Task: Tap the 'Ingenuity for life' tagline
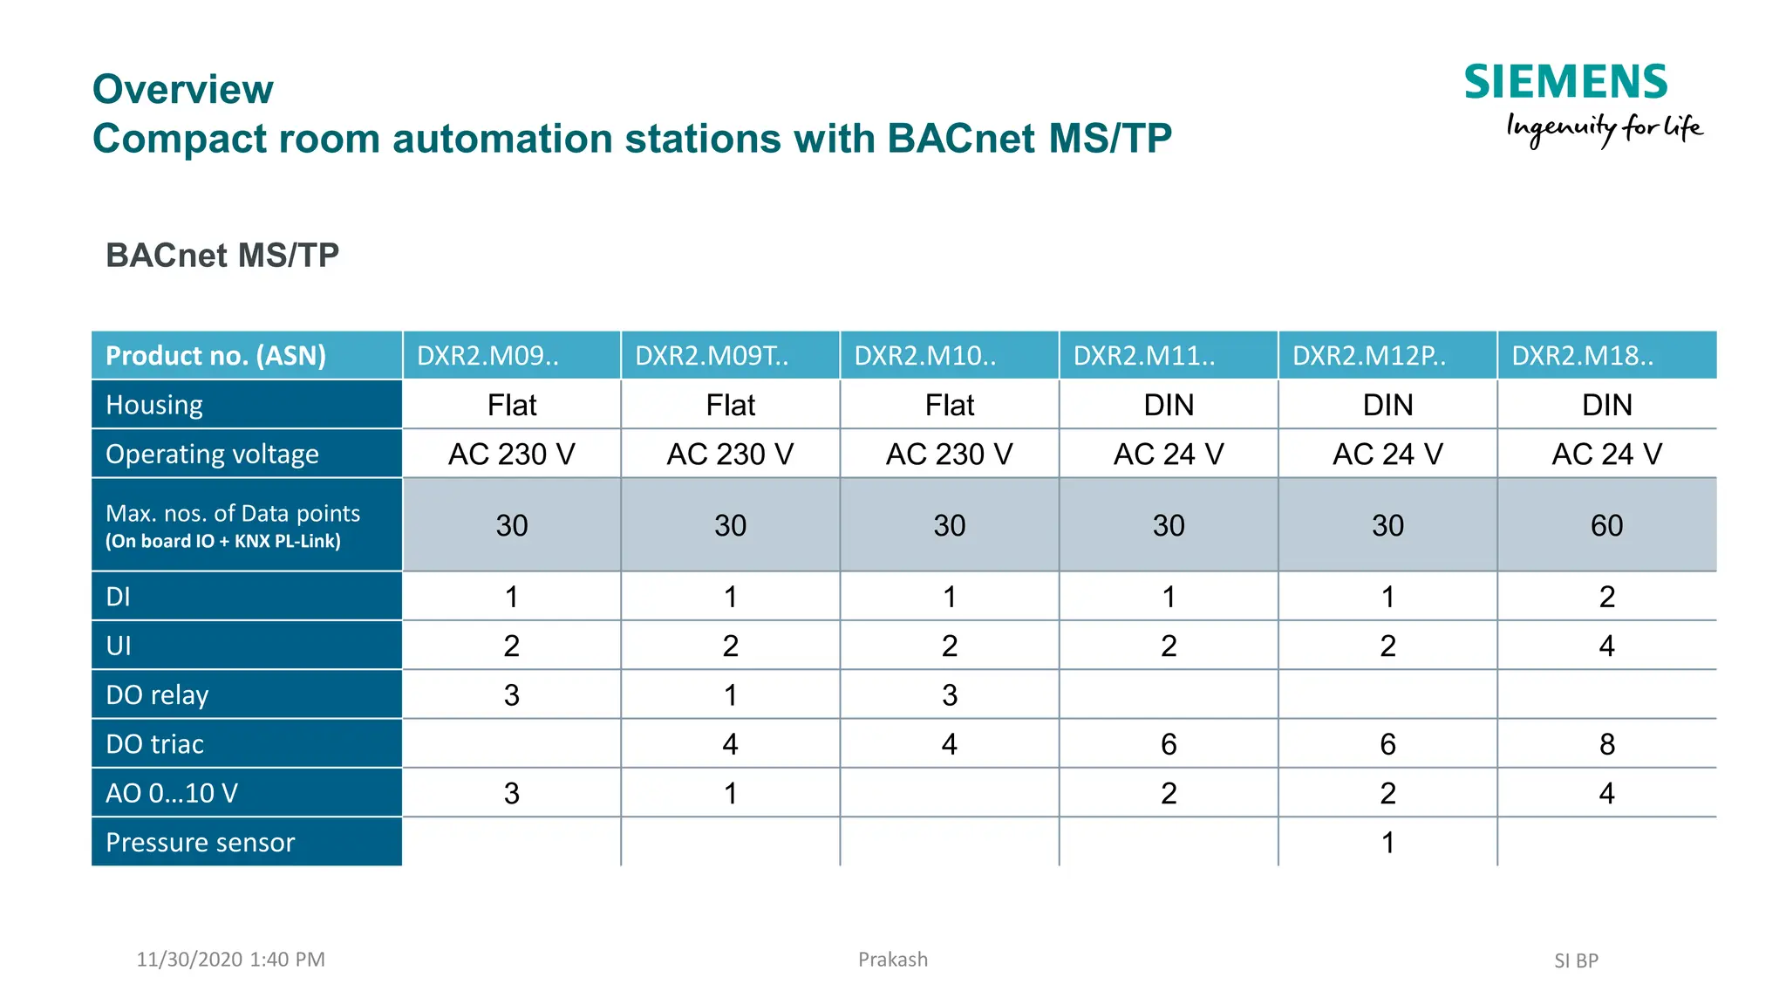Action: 1604,129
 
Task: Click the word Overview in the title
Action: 183,89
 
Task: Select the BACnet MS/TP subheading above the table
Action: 222,256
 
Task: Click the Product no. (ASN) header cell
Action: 215,356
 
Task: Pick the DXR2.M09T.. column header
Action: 712,356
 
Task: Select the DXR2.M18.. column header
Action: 1582,356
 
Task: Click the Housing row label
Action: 154,405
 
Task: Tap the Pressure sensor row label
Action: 200,843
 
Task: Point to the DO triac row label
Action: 154,744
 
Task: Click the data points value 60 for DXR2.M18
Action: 1606,525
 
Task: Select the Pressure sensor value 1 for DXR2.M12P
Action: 1387,843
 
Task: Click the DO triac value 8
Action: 1606,744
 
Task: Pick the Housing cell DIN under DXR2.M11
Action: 1169,405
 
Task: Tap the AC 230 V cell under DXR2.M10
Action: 949,454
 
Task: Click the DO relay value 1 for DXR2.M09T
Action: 730,695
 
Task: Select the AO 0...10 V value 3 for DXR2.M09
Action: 511,793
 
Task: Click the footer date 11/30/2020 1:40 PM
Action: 230,960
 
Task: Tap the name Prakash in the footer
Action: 892,960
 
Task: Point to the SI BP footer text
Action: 1576,961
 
